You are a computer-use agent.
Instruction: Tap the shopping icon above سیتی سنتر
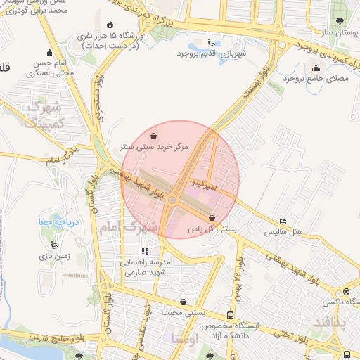153,135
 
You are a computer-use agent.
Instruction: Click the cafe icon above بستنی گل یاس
213,218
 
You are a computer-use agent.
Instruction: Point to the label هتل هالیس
283,232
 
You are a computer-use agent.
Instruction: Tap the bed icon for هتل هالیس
283,221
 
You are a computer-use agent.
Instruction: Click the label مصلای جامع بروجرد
315,80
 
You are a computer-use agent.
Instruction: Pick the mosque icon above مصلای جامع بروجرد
315,68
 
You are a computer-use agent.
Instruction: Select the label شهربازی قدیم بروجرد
212,53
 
